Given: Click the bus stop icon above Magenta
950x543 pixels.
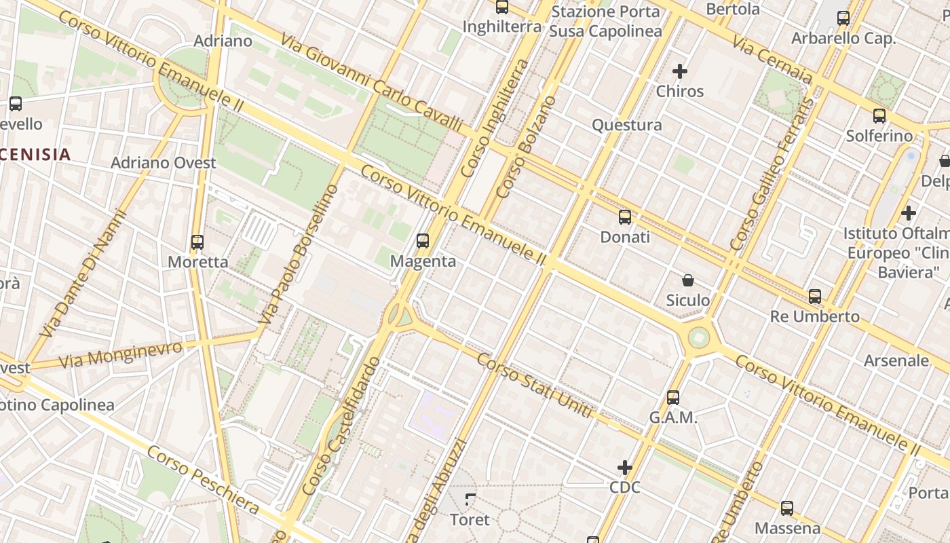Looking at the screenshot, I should (x=423, y=241).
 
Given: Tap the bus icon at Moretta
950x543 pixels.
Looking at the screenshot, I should (x=197, y=242).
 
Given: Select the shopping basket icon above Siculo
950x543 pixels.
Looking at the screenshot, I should (x=688, y=280).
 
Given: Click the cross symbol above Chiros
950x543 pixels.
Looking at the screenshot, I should (x=680, y=71).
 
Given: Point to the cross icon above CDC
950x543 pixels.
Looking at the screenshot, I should (x=625, y=468).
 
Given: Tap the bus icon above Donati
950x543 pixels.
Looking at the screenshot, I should (x=625, y=217).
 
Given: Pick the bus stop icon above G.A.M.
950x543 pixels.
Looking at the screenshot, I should (x=673, y=398).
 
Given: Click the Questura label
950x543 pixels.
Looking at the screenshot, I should (x=627, y=125).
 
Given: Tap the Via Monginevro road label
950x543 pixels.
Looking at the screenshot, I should (x=121, y=355).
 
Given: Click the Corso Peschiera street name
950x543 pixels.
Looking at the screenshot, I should (x=204, y=480).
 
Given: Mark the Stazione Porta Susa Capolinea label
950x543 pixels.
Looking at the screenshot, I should (x=605, y=22).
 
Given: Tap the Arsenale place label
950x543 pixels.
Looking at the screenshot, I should (x=896, y=360).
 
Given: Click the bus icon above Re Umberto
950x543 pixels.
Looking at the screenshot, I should (x=815, y=297).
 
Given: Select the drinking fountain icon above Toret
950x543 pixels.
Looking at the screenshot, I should (x=470, y=500).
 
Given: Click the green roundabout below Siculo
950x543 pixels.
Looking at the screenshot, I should (x=698, y=337).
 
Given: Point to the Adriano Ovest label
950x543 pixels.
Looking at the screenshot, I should (x=164, y=163).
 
